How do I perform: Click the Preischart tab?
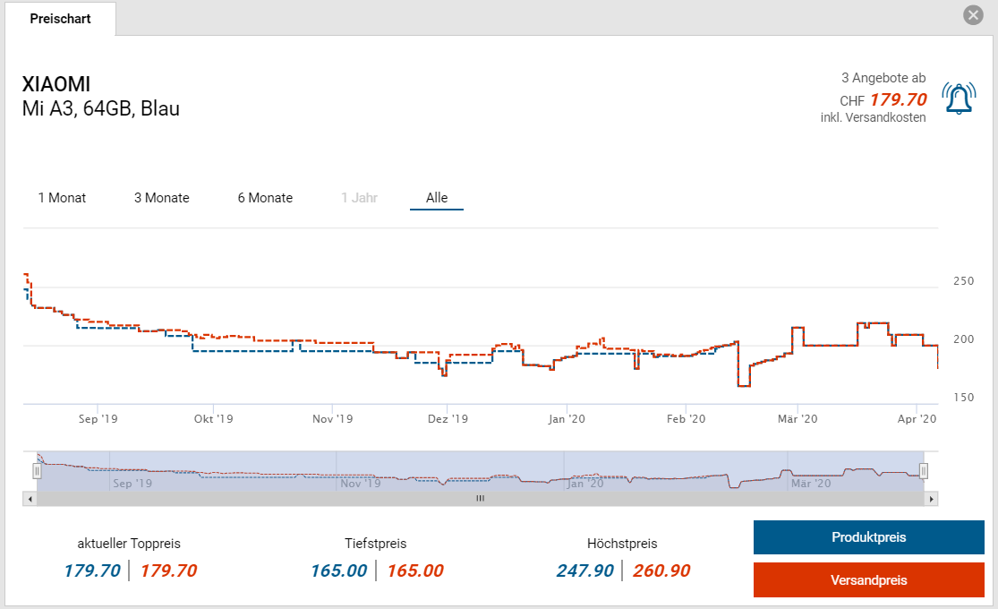tap(60, 19)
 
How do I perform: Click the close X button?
tap(973, 15)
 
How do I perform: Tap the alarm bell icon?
tap(959, 99)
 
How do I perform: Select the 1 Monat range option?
tap(62, 198)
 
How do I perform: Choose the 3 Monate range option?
tap(162, 198)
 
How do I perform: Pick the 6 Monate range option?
tap(265, 198)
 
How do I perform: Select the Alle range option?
tap(437, 198)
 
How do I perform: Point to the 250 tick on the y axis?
tap(963, 281)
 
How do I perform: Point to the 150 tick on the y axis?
tap(963, 398)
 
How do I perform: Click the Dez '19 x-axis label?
tap(448, 418)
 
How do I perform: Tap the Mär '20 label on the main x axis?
tap(798, 418)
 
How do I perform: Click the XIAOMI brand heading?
tap(56, 85)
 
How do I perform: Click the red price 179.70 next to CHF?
tap(898, 99)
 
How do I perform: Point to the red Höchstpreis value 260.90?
tap(661, 570)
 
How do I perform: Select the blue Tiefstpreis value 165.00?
tap(338, 570)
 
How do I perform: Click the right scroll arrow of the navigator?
tap(932, 499)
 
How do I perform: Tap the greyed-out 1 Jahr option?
tap(359, 198)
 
